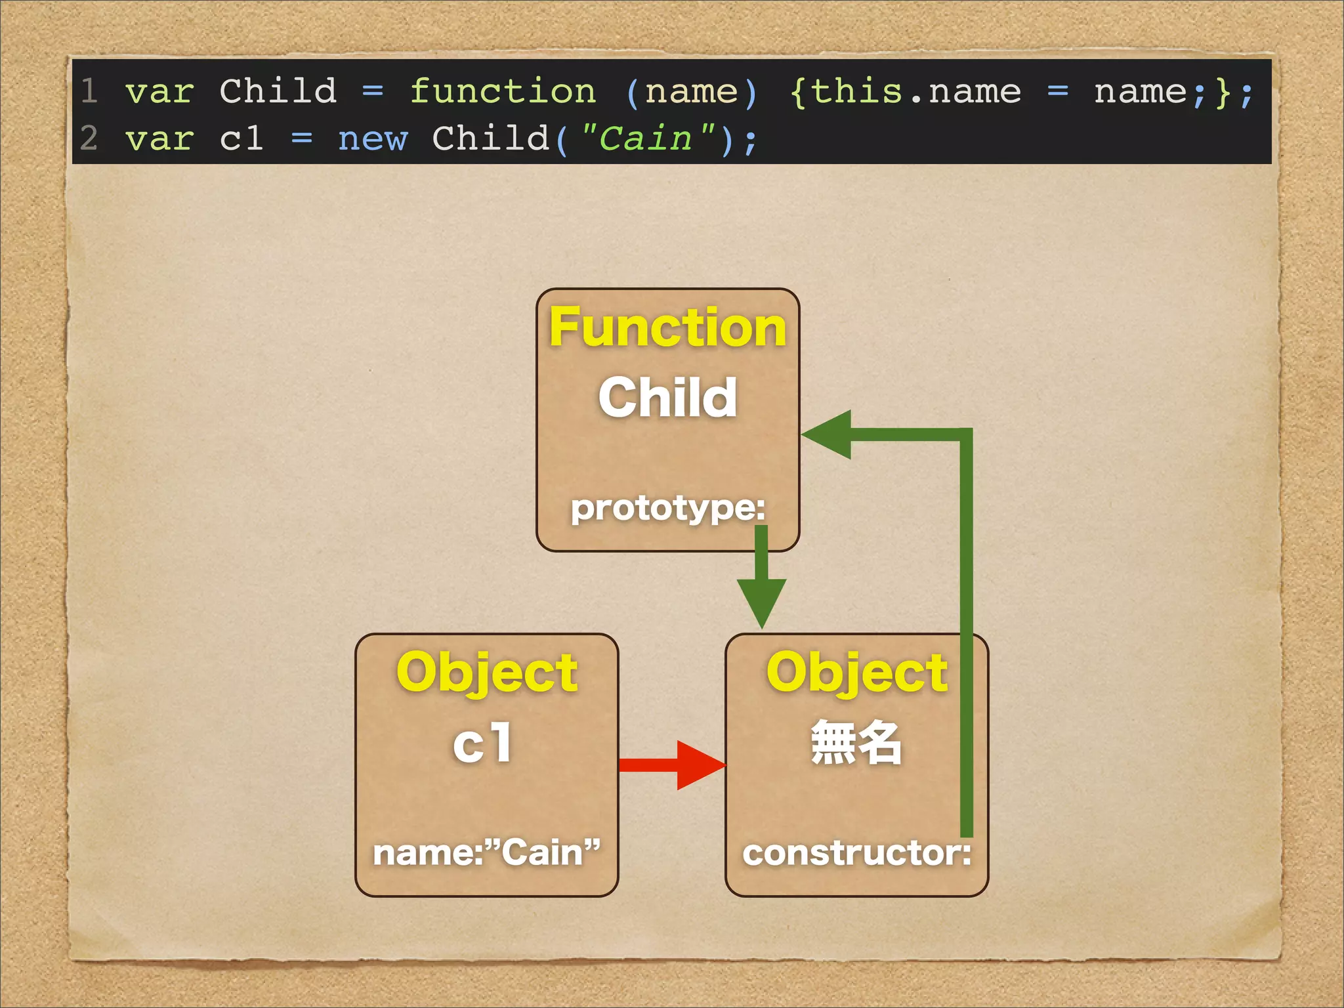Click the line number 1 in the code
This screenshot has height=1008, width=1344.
coord(90,91)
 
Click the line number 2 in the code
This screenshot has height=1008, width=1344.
coord(89,138)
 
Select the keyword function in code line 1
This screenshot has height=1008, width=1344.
coord(503,91)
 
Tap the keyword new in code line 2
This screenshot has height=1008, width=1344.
coord(372,138)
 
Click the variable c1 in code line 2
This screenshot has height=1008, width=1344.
coord(241,138)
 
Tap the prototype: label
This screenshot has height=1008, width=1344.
coord(667,507)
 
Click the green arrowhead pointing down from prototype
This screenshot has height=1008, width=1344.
coord(761,600)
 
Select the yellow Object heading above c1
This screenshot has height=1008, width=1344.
coord(486,672)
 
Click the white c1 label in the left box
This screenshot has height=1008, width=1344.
coord(482,743)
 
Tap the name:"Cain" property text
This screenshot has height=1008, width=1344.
coord(486,852)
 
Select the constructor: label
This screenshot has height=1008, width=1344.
coord(856,853)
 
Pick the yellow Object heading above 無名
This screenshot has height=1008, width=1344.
coord(856,672)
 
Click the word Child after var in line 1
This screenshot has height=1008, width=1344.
coord(278,91)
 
